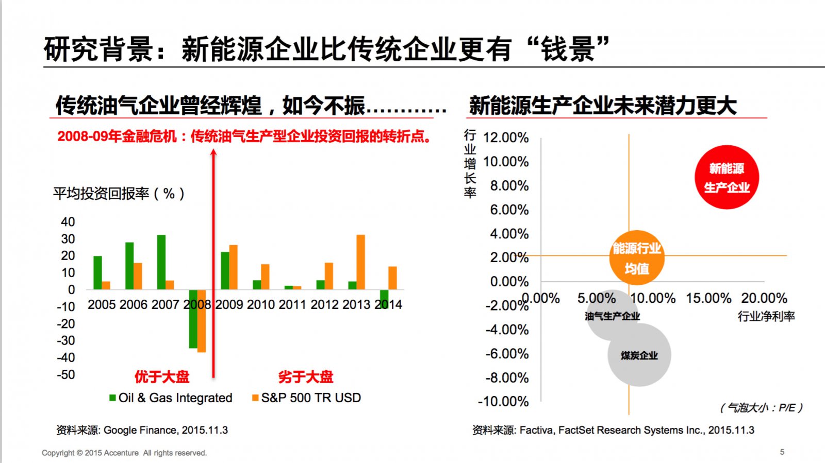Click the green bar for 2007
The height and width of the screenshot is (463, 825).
161,262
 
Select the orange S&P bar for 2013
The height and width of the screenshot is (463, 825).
360,262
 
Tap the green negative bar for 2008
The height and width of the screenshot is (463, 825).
193,319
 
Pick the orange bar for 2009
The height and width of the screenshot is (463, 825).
234,267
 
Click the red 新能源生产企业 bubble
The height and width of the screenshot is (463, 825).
727,177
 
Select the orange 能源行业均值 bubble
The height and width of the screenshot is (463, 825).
637,258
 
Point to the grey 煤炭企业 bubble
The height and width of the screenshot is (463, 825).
639,355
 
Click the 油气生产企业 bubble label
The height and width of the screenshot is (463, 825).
612,316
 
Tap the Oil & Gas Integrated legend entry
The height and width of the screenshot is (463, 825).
171,398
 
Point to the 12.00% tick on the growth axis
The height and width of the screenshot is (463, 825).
506,138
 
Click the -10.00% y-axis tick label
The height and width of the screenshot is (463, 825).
503,401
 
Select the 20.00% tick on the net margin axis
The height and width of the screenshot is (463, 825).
764,298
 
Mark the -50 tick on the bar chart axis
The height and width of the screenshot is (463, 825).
66,374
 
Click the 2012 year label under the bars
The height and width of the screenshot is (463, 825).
325,304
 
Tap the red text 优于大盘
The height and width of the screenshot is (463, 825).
162,377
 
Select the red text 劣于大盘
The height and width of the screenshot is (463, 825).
306,377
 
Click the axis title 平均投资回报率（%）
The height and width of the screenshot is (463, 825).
119,194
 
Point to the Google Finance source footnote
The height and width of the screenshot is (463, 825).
142,430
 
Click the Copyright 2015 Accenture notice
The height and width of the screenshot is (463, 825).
124,453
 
